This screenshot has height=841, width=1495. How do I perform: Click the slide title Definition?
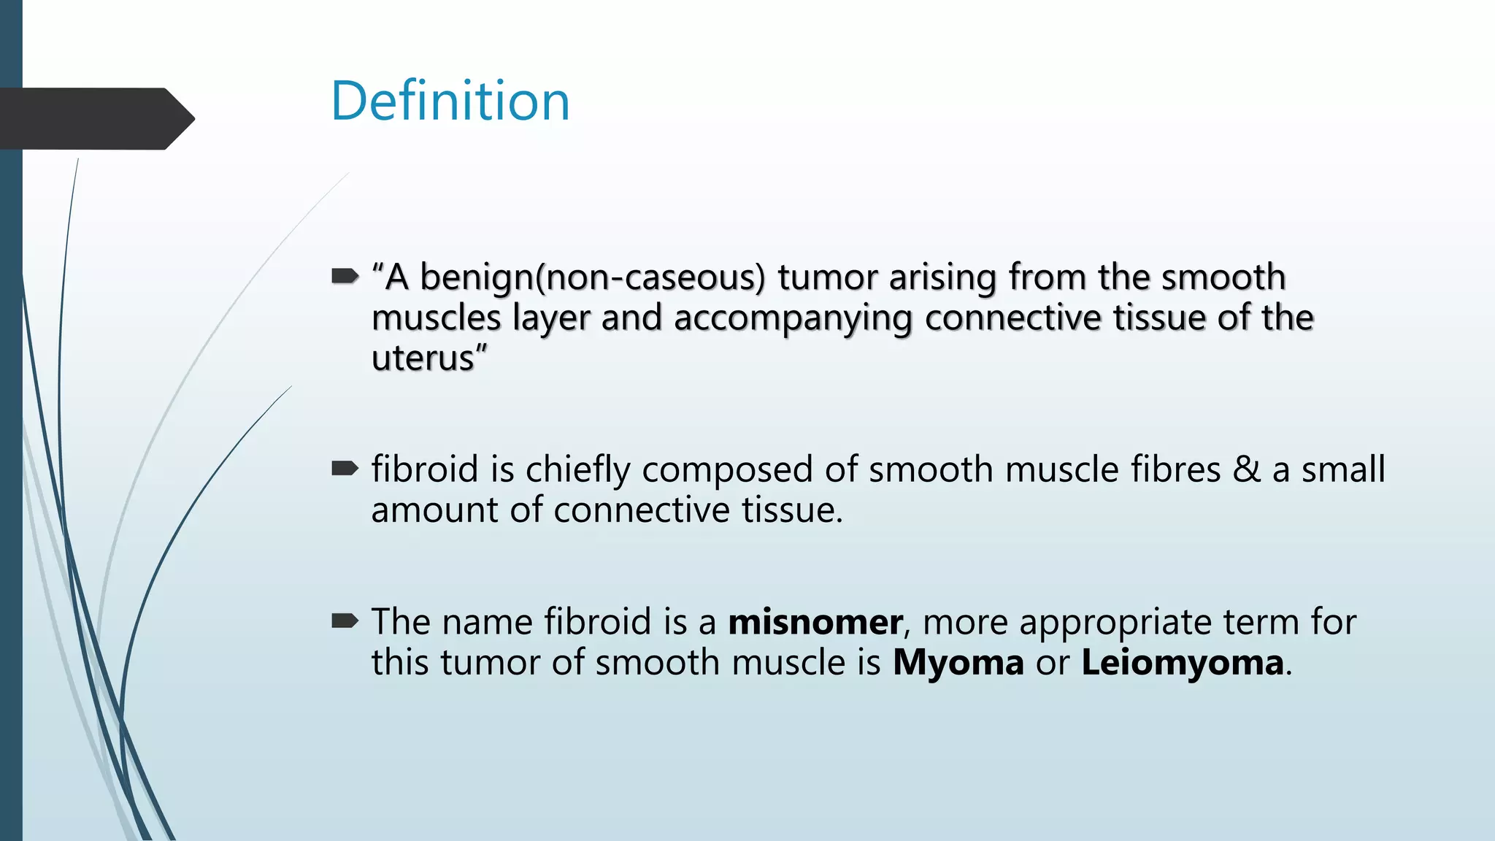point(450,101)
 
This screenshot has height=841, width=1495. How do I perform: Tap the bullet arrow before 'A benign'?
point(345,276)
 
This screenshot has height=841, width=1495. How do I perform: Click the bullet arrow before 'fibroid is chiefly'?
point(345,468)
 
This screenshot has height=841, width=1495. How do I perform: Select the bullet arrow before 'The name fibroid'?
point(345,621)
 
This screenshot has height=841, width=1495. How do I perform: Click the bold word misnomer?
point(815,622)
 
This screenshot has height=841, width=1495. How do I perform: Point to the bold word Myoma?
point(958,663)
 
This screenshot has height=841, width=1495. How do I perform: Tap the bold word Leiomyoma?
point(1182,663)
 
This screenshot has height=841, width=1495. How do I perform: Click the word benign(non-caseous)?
point(593,277)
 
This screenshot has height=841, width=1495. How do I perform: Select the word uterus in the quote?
point(423,358)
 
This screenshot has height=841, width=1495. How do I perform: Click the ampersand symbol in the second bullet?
point(1246,469)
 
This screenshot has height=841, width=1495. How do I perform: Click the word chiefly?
point(577,469)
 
